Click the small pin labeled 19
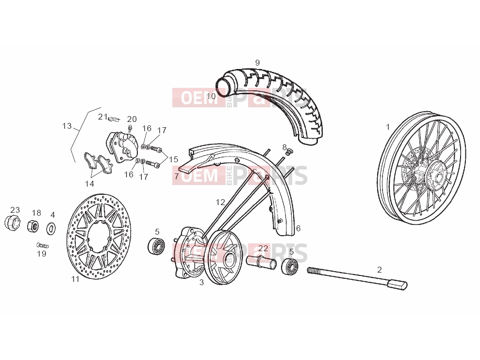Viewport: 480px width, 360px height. pyautogui.click(x=43, y=245)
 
